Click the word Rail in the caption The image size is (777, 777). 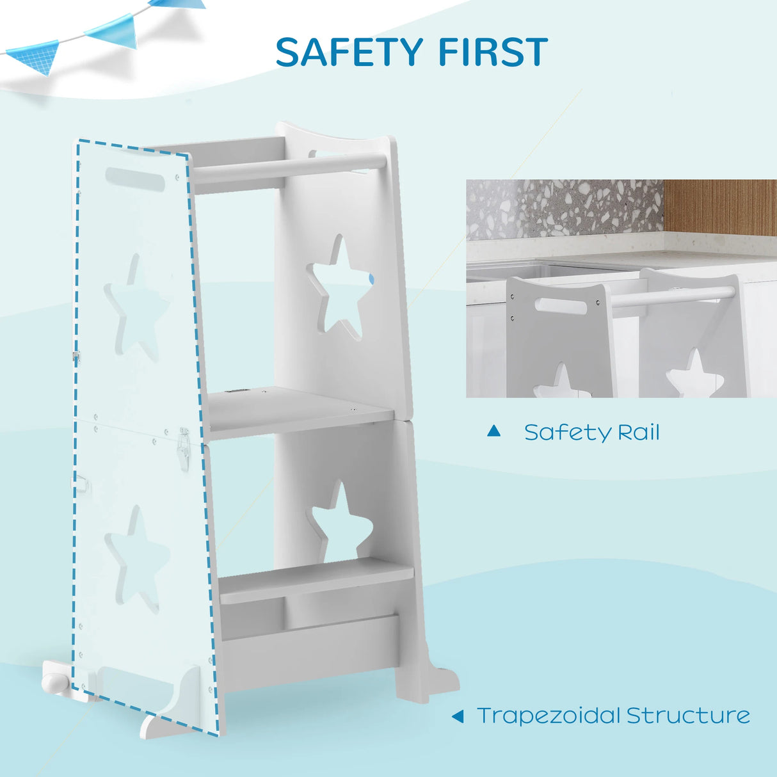(x=638, y=433)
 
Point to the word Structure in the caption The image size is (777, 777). (x=688, y=715)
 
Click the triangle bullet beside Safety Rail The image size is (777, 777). (x=493, y=431)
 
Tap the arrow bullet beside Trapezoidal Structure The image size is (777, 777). (x=458, y=716)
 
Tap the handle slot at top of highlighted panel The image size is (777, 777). (x=135, y=178)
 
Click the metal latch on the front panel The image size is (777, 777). (x=184, y=448)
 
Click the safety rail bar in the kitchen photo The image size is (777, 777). (x=672, y=296)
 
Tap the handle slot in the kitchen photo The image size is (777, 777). (x=561, y=306)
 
